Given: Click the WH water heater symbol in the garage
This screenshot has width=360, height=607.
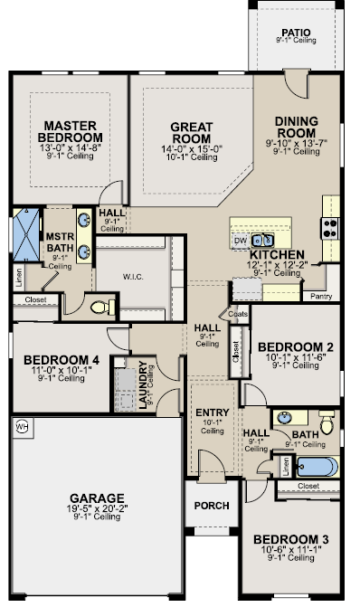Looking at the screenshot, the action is point(23,427).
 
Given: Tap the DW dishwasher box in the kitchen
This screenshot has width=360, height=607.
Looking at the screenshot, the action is point(241,241).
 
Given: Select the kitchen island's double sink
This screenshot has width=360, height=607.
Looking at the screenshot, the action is point(263,241).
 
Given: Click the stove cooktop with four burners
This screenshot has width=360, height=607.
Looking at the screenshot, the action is point(330,228).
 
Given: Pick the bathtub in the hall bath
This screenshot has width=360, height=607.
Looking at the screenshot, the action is point(317,467).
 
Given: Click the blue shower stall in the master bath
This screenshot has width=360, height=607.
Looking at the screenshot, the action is point(26,234).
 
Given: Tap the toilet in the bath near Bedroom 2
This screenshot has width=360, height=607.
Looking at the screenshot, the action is point(327,422).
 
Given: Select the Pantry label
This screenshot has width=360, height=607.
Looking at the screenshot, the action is point(321,296).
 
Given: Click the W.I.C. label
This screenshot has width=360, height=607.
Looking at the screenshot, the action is point(133,277).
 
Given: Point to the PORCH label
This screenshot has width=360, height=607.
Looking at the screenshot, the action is point(212,506).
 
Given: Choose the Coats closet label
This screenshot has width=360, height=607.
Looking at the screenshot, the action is point(238,314).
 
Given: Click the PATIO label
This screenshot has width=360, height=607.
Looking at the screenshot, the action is point(296,33).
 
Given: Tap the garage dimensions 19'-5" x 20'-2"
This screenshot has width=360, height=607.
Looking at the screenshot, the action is point(97,507).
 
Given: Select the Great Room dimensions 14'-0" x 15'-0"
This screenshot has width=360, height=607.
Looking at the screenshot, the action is point(192,149).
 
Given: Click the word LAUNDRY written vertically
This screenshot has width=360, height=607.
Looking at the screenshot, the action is point(143,384).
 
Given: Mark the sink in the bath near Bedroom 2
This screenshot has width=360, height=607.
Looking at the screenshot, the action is point(285,418).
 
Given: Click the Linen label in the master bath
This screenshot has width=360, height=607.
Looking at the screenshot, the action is point(19,277).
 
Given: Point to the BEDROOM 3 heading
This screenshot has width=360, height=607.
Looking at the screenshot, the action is point(291,539).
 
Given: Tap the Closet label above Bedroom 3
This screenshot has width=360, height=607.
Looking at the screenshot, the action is point(308,486).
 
